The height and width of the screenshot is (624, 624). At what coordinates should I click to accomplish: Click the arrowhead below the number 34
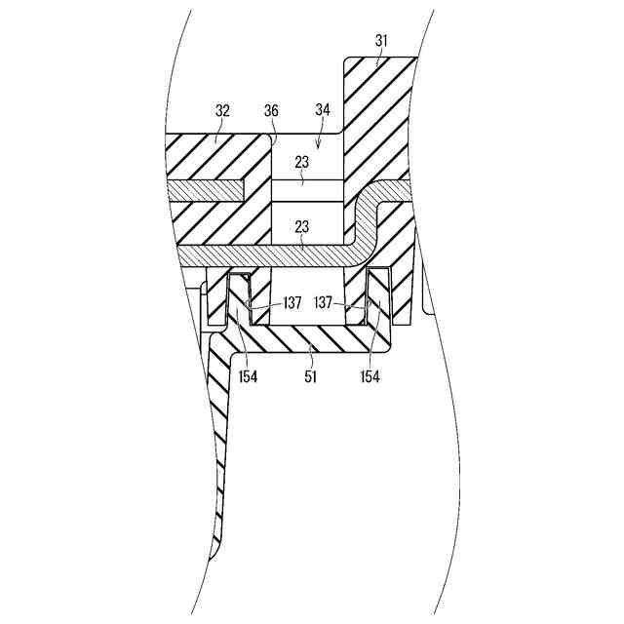(323, 144)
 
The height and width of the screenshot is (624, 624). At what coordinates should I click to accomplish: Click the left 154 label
(248, 376)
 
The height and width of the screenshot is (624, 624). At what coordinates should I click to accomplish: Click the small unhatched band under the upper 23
(307, 192)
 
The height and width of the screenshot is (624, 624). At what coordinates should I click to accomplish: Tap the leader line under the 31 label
(376, 56)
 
